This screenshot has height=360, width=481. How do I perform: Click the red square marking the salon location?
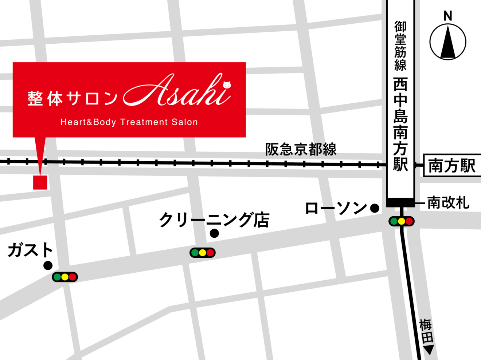(40, 182)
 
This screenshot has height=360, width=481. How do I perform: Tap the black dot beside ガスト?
(48, 265)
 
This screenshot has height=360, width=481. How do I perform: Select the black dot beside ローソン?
(375, 208)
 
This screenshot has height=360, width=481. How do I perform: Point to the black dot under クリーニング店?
(214, 233)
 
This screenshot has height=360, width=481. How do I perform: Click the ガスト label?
(31, 250)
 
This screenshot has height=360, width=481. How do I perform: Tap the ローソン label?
(336, 208)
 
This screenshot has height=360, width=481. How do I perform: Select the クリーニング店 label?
(214, 220)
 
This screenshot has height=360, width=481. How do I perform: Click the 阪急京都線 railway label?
(301, 149)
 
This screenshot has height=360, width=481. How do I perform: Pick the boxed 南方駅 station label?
(452, 166)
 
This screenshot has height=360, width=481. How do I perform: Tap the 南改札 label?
(448, 203)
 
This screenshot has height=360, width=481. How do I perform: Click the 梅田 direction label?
(426, 331)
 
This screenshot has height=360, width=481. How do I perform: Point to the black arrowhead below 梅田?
(429, 350)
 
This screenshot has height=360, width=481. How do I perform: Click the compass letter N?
(448, 16)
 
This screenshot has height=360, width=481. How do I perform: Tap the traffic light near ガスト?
(65, 277)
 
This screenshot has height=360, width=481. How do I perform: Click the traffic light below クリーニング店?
(202, 253)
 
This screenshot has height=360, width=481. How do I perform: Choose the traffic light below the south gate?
(401, 221)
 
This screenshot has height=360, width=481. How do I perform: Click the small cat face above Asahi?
(227, 85)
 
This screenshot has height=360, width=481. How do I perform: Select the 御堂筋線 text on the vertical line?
(400, 46)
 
